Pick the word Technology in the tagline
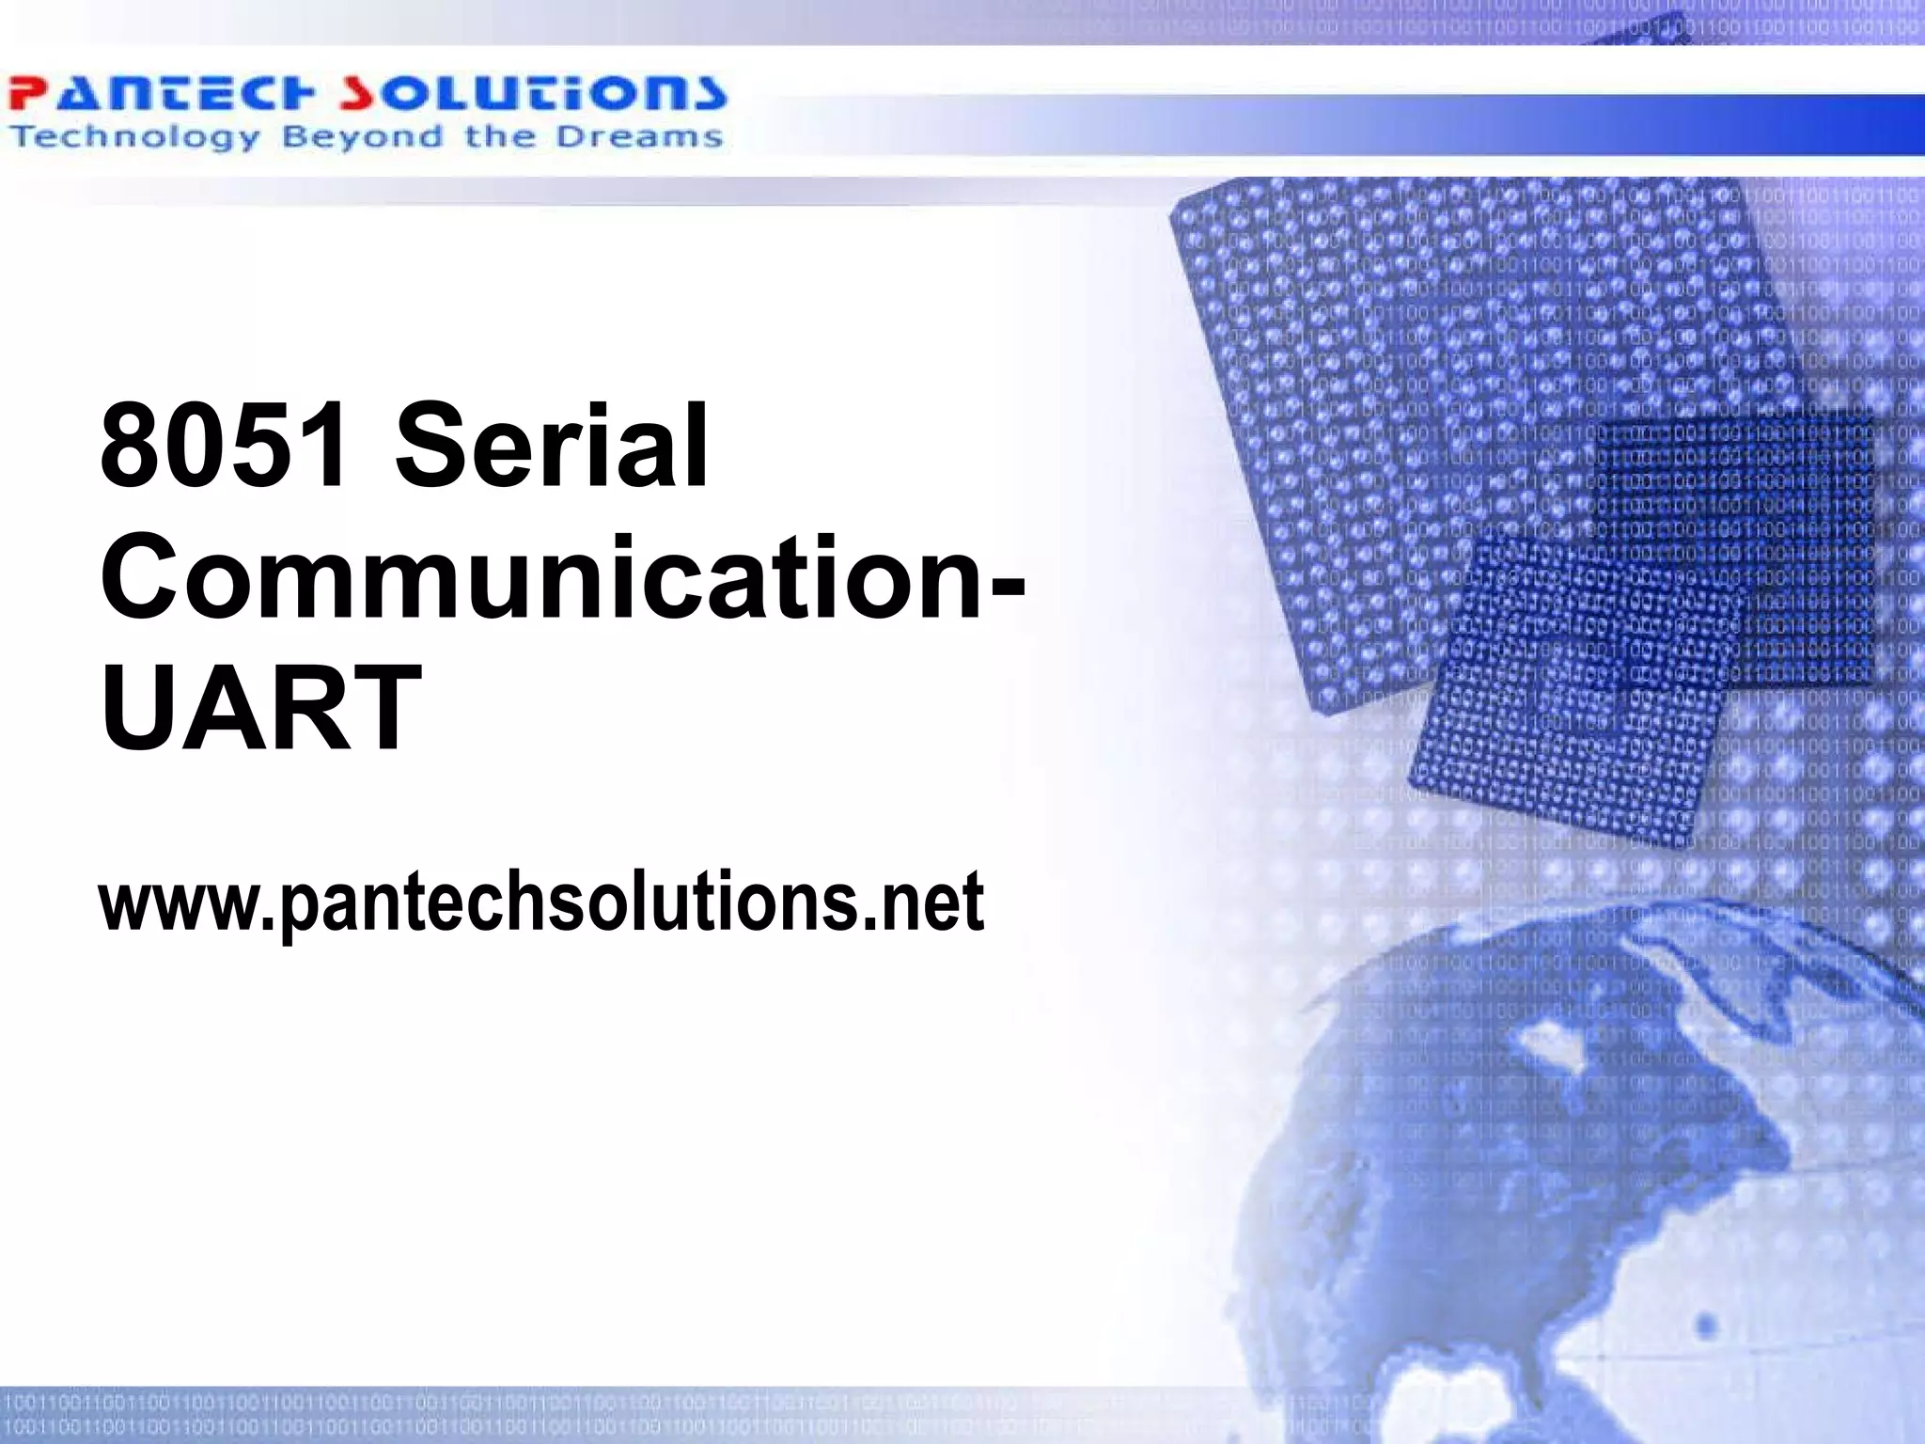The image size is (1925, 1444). click(134, 138)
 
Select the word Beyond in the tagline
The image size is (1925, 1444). click(361, 138)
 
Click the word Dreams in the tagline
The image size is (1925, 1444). click(638, 138)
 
